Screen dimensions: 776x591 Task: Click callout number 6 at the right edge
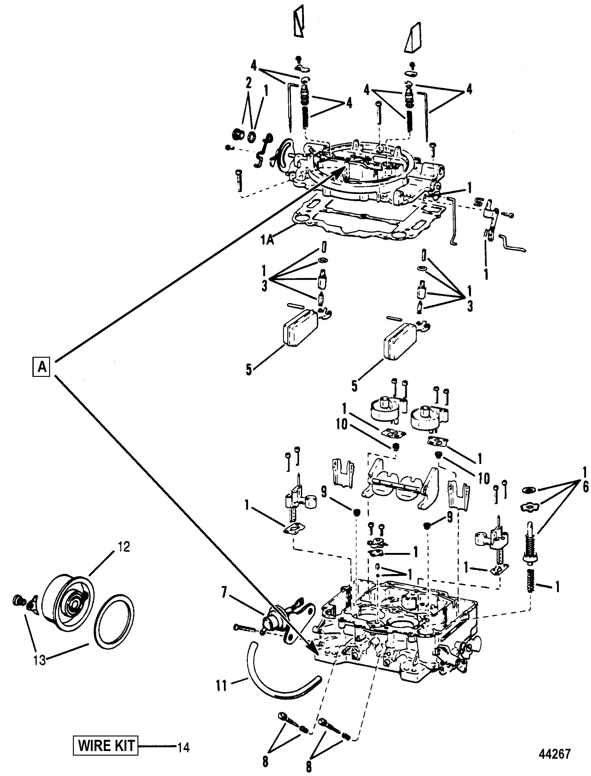pos(585,487)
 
